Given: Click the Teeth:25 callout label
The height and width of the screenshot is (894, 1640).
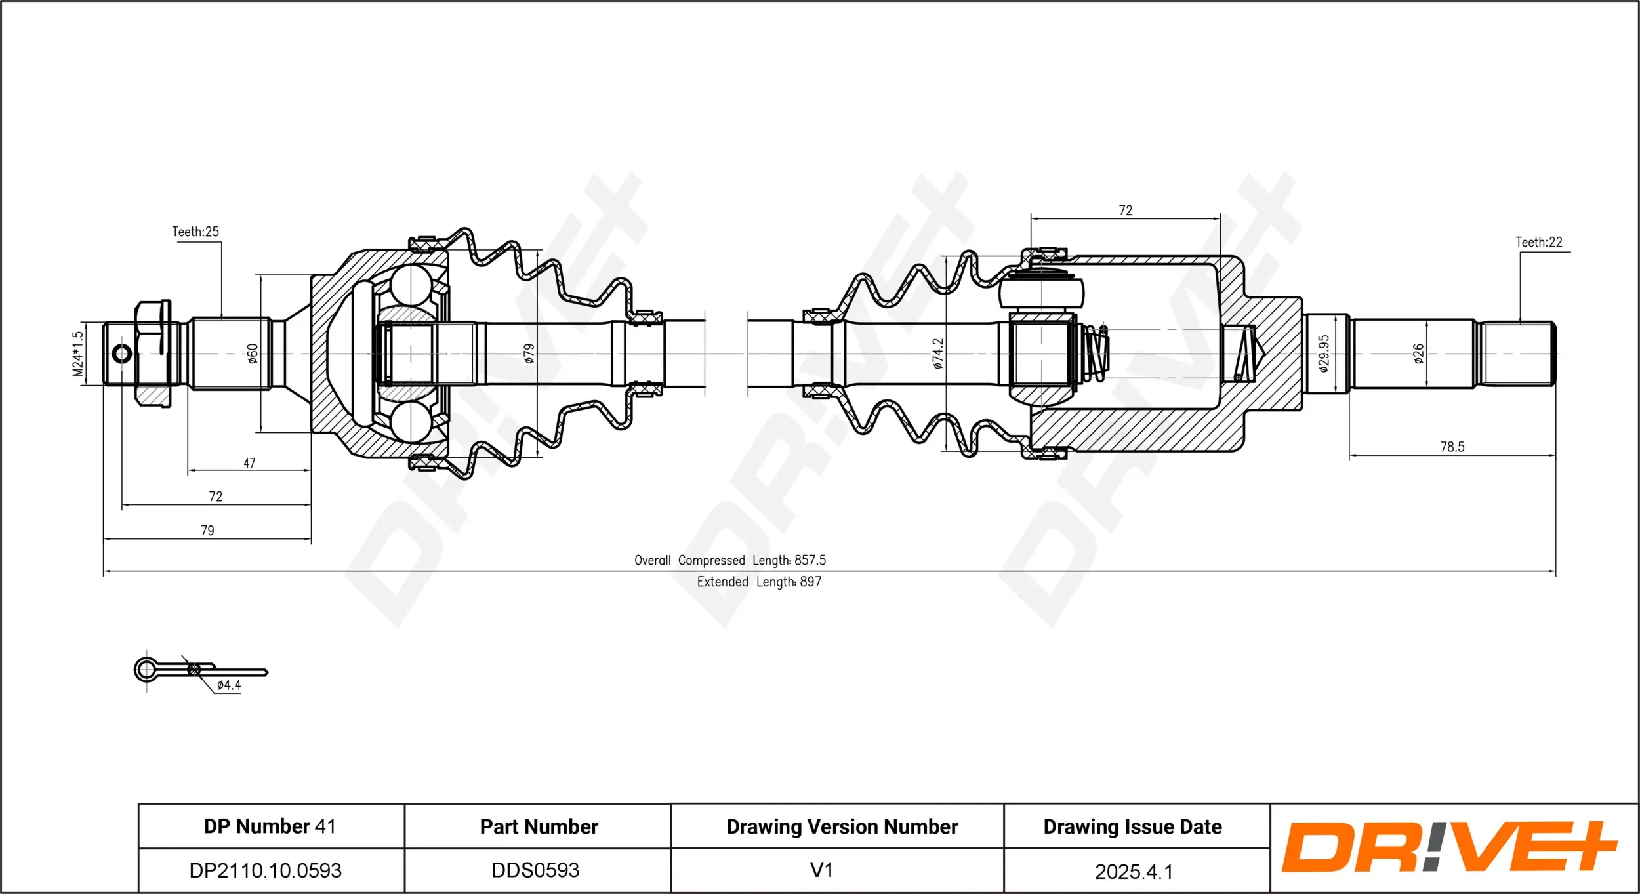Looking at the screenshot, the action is [x=195, y=232].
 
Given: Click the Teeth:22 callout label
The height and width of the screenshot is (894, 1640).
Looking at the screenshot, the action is [x=1538, y=242].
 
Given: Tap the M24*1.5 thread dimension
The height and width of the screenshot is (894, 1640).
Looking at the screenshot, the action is [x=78, y=354].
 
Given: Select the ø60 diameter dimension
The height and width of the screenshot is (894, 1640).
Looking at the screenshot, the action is [x=253, y=354].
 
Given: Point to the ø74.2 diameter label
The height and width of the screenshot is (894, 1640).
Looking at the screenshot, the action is [x=938, y=354].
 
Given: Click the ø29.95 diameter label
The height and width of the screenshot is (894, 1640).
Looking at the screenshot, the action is [x=1323, y=354].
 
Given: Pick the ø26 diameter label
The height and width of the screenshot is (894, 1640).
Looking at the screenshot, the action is [x=1418, y=354].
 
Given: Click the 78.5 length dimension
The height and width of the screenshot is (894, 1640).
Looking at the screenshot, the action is [x=1452, y=447].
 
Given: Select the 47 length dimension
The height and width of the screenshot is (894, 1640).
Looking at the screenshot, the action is [x=249, y=463].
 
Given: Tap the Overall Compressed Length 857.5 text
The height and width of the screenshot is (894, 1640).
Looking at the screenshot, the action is [x=729, y=560].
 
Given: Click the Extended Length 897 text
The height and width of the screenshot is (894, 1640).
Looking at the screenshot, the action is [x=759, y=582].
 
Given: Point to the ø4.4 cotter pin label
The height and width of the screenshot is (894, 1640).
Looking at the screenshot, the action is [x=229, y=685].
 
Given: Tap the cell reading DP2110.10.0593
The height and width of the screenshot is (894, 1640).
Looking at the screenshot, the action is [x=265, y=870].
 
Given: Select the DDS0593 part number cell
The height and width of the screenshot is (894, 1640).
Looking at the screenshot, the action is [x=535, y=870].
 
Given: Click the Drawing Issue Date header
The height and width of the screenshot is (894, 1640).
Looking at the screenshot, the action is [x=1132, y=826].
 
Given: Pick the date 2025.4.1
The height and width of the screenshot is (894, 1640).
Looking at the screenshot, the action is [x=1133, y=872].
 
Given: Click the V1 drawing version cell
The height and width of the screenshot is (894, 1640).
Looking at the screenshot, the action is [x=821, y=870].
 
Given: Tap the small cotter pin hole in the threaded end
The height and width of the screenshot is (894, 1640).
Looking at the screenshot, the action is [x=122, y=354].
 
